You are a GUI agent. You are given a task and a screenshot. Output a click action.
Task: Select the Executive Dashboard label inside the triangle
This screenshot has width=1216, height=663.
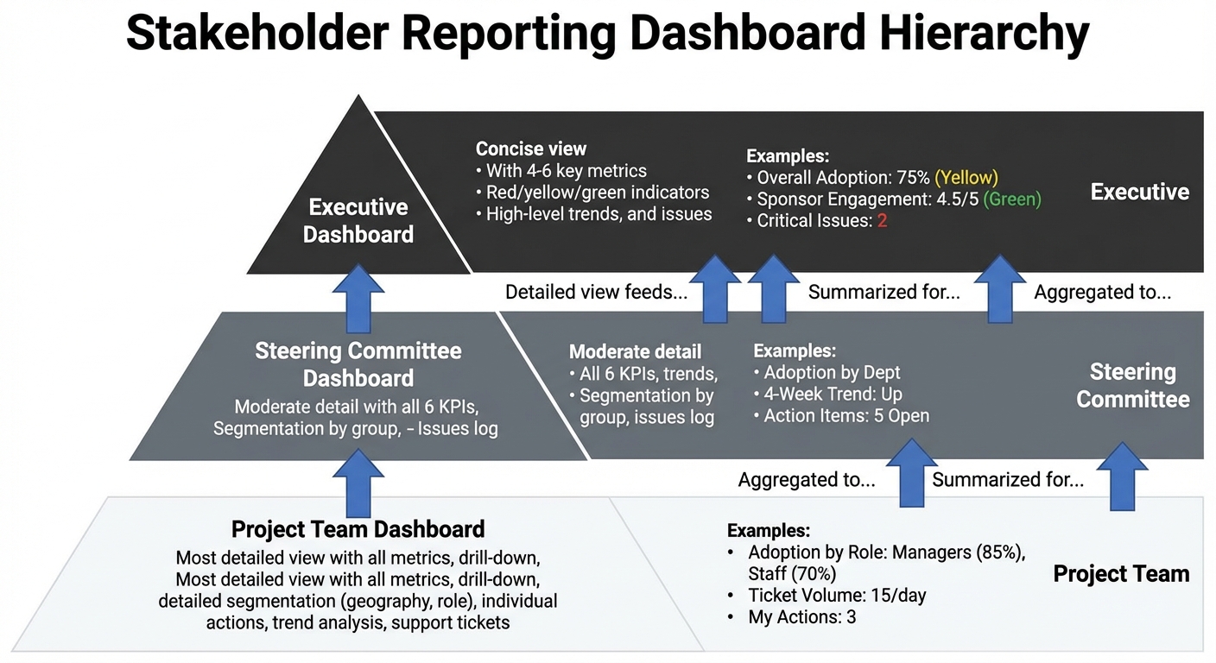(x=358, y=220)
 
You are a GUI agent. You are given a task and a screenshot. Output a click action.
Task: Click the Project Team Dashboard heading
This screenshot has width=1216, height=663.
(x=358, y=528)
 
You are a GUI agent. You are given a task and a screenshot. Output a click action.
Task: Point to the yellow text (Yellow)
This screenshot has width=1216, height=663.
(x=966, y=178)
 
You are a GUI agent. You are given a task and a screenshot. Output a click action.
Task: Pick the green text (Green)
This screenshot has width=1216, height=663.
(x=1012, y=199)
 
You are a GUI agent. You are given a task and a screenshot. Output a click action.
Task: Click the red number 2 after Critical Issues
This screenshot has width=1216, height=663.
(x=883, y=221)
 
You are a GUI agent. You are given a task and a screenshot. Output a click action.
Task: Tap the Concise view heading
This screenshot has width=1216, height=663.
(x=531, y=148)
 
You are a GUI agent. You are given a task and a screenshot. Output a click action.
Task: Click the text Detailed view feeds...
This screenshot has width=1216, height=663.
(x=596, y=292)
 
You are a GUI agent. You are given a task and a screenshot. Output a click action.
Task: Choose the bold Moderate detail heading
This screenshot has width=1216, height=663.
(x=635, y=351)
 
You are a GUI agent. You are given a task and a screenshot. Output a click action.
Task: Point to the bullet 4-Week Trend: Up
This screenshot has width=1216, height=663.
(x=833, y=394)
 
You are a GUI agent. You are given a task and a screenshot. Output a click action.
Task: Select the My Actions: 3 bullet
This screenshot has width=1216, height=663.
(x=801, y=616)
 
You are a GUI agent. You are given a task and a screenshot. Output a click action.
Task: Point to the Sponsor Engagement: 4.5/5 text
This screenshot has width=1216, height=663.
(x=866, y=199)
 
